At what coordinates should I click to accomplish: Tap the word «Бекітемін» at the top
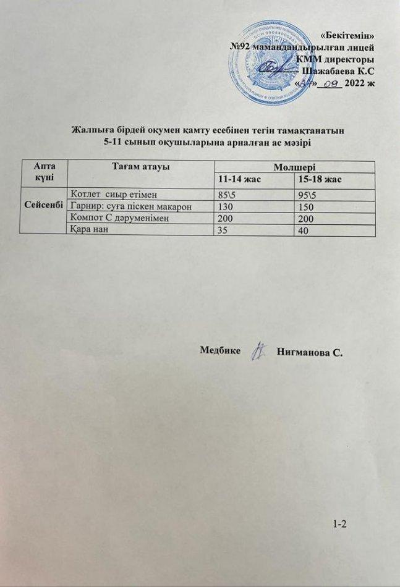[x=349, y=35]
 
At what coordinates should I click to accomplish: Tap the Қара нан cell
[x=90, y=230]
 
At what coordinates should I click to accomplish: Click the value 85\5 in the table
[x=226, y=193]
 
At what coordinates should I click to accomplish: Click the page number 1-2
[x=341, y=525]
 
